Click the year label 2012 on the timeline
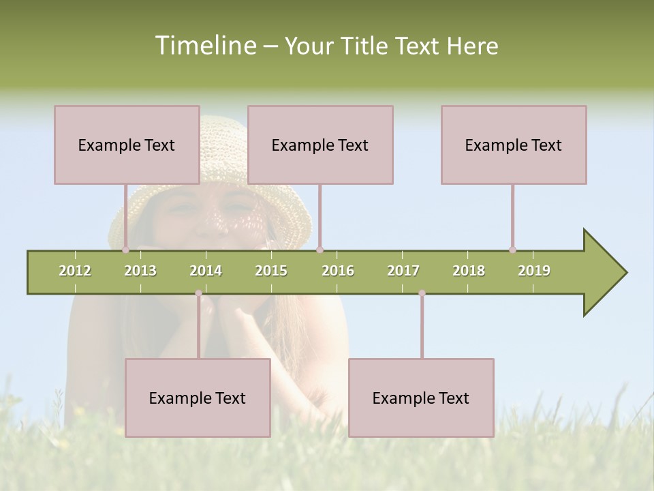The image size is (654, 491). click(75, 271)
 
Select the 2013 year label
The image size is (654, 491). click(140, 271)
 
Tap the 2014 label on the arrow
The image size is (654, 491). click(206, 271)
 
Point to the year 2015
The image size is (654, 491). click(271, 271)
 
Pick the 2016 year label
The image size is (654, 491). click(338, 271)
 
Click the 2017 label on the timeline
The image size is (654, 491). click(403, 271)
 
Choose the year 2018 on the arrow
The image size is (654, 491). click(469, 271)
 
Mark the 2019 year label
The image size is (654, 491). click(534, 271)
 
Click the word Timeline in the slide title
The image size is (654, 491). click(204, 46)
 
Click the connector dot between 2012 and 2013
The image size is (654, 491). click(125, 250)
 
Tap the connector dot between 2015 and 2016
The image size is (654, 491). click(320, 250)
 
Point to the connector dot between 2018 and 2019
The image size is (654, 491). click(512, 250)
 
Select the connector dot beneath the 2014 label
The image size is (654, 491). click(198, 293)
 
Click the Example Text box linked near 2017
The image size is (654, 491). click(421, 398)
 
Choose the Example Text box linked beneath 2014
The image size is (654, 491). click(198, 398)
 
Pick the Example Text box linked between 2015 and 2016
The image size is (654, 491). click(320, 145)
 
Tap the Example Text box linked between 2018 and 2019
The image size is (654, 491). click(514, 145)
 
